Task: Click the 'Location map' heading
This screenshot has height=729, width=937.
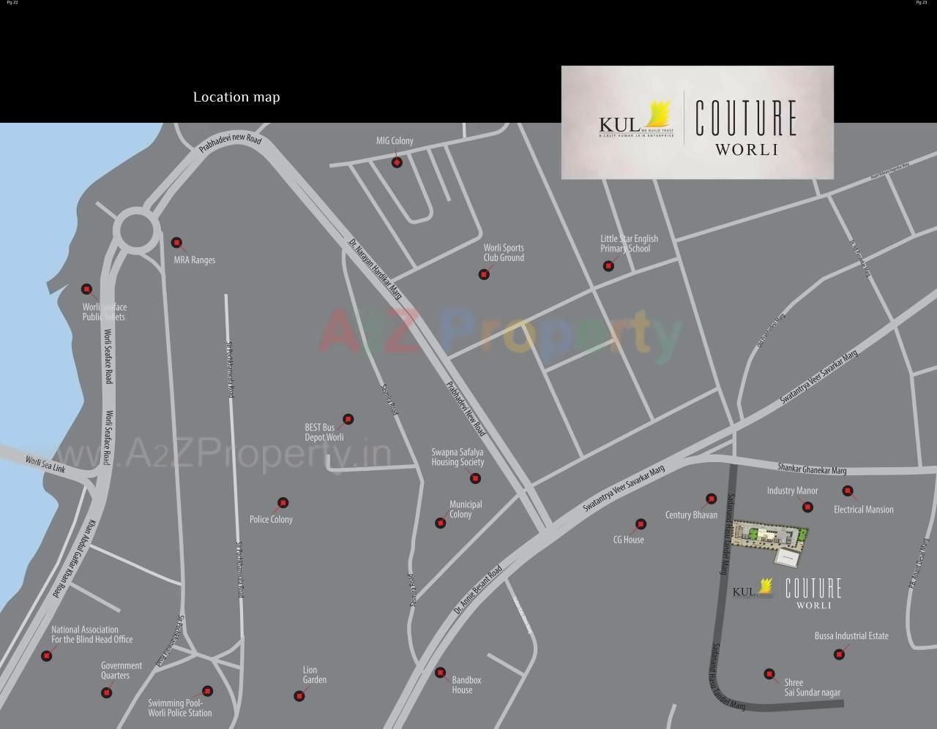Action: pyautogui.click(x=236, y=97)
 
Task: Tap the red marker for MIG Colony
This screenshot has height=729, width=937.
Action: pyautogui.click(x=397, y=162)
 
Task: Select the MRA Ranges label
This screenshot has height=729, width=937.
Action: pyautogui.click(x=194, y=260)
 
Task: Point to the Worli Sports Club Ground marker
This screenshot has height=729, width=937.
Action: pyautogui.click(x=483, y=274)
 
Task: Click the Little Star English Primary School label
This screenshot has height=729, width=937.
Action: pyautogui.click(x=629, y=243)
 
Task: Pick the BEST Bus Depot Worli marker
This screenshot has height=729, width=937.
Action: pyautogui.click(x=348, y=419)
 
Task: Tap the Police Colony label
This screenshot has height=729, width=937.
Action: pyautogui.click(x=271, y=520)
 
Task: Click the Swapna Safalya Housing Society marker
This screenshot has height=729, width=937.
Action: pyautogui.click(x=475, y=478)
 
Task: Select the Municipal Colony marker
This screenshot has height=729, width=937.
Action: pyautogui.click(x=440, y=523)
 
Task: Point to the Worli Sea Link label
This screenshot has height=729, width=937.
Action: pyautogui.click(x=45, y=464)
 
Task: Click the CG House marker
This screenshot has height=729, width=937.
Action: pyautogui.click(x=641, y=524)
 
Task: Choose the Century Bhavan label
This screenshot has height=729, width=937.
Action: pyautogui.click(x=691, y=515)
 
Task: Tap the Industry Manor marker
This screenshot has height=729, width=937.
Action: pyautogui.click(x=807, y=507)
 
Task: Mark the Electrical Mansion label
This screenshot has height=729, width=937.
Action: pyautogui.click(x=864, y=510)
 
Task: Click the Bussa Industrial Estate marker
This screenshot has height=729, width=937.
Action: pyautogui.click(x=839, y=654)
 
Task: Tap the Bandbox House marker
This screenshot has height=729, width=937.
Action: pyautogui.click(x=440, y=673)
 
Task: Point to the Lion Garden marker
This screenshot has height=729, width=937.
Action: pyautogui.click(x=299, y=696)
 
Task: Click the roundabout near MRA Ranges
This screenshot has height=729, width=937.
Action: pyautogui.click(x=137, y=229)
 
